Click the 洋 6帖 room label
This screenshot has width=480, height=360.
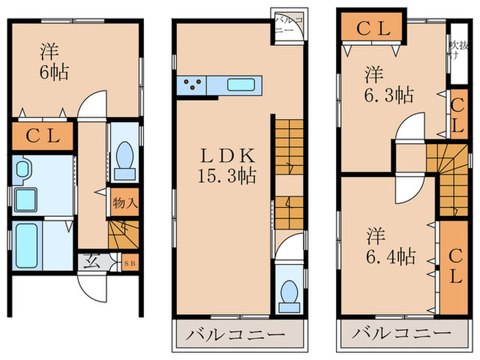tap(53, 61)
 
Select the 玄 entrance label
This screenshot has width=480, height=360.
tap(91, 261)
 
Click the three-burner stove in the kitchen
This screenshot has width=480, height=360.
tap(192, 86)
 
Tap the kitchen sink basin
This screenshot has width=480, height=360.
tap(241, 86)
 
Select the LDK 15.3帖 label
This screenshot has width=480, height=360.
tap(224, 165)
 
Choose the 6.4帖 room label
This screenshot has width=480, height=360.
tap(389, 247)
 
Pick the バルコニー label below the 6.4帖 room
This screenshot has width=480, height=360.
tap(403, 337)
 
